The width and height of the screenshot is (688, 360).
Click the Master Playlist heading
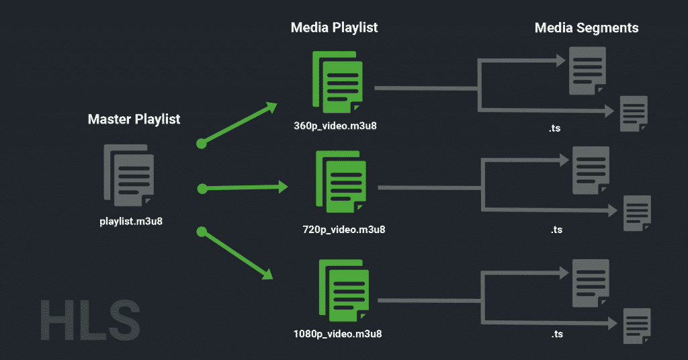[134, 120]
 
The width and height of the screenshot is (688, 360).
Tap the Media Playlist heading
[335, 28]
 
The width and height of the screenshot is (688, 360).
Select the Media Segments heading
[586, 28]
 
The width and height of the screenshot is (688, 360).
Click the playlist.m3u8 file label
[131, 222]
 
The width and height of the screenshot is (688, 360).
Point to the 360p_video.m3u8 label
[335, 126]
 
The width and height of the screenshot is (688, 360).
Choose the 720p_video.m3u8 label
[344, 229]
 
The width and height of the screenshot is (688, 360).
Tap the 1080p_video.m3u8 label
[337, 334]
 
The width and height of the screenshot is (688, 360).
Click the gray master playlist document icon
[129, 175]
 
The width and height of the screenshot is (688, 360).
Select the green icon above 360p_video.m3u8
[337, 82]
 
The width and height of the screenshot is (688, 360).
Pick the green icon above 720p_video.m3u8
[341, 182]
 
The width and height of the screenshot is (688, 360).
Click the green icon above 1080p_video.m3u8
[344, 290]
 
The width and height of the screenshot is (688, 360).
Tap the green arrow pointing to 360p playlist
[239, 124]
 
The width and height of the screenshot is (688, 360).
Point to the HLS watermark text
[91, 320]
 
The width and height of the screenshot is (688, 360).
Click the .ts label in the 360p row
[554, 128]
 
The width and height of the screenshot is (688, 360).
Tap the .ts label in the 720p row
[556, 229]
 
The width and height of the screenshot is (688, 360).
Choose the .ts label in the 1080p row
[557, 334]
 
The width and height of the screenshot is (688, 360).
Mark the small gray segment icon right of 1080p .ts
[637, 326]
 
